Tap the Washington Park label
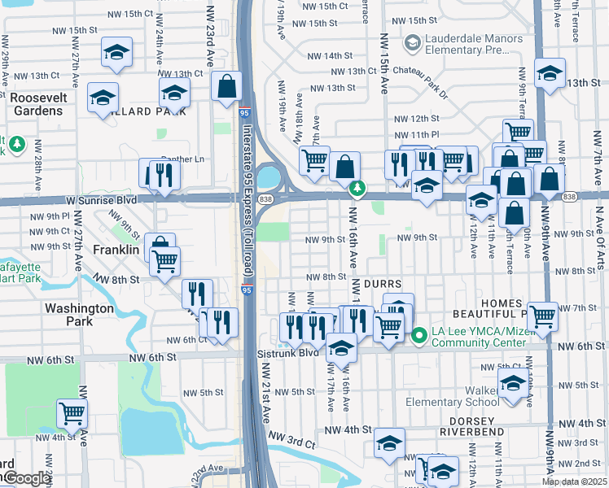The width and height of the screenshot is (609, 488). click(x=79, y=315)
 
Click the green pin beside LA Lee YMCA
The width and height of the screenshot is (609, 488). click(x=419, y=334)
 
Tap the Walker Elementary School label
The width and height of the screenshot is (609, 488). click(x=452, y=395)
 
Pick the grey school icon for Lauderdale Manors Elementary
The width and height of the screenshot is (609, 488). click(x=413, y=41)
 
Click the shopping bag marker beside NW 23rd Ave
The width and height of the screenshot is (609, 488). click(x=226, y=85)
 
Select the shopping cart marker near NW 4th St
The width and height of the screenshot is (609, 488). click(x=72, y=413)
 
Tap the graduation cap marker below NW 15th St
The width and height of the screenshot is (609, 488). click(x=117, y=53)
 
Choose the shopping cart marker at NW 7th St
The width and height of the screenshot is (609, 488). click(x=542, y=315)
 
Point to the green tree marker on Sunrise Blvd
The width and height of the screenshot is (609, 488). click(x=356, y=189)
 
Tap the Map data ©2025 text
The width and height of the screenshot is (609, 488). click(x=574, y=481)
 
